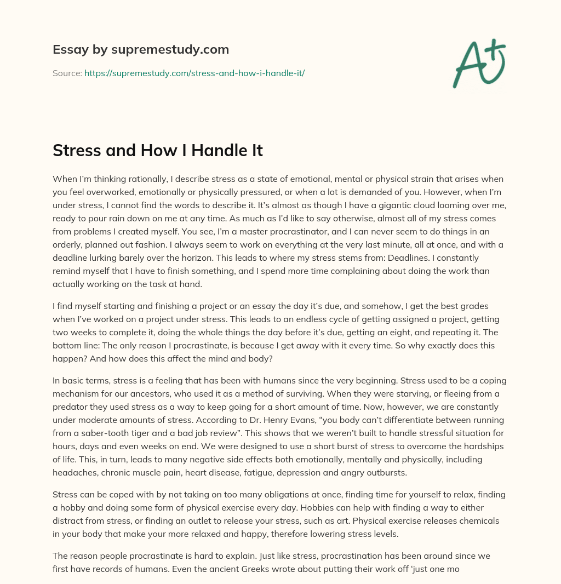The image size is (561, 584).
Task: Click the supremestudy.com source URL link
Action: click(x=194, y=72)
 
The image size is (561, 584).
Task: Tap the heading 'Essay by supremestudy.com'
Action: click(x=141, y=50)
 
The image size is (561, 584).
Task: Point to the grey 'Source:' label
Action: click(x=67, y=72)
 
